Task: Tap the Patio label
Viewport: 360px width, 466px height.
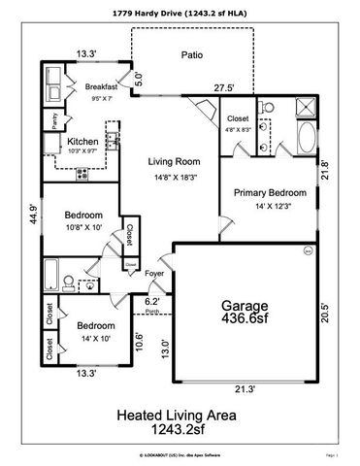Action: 192,55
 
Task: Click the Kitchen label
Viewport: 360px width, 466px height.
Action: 80,141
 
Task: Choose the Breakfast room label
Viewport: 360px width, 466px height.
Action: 100,85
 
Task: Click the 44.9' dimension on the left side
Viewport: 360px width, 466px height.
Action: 34,215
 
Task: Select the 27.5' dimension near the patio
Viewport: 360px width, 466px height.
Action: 227,88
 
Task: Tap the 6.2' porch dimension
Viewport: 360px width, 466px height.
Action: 151,302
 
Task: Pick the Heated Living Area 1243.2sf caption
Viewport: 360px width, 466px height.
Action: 177,420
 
